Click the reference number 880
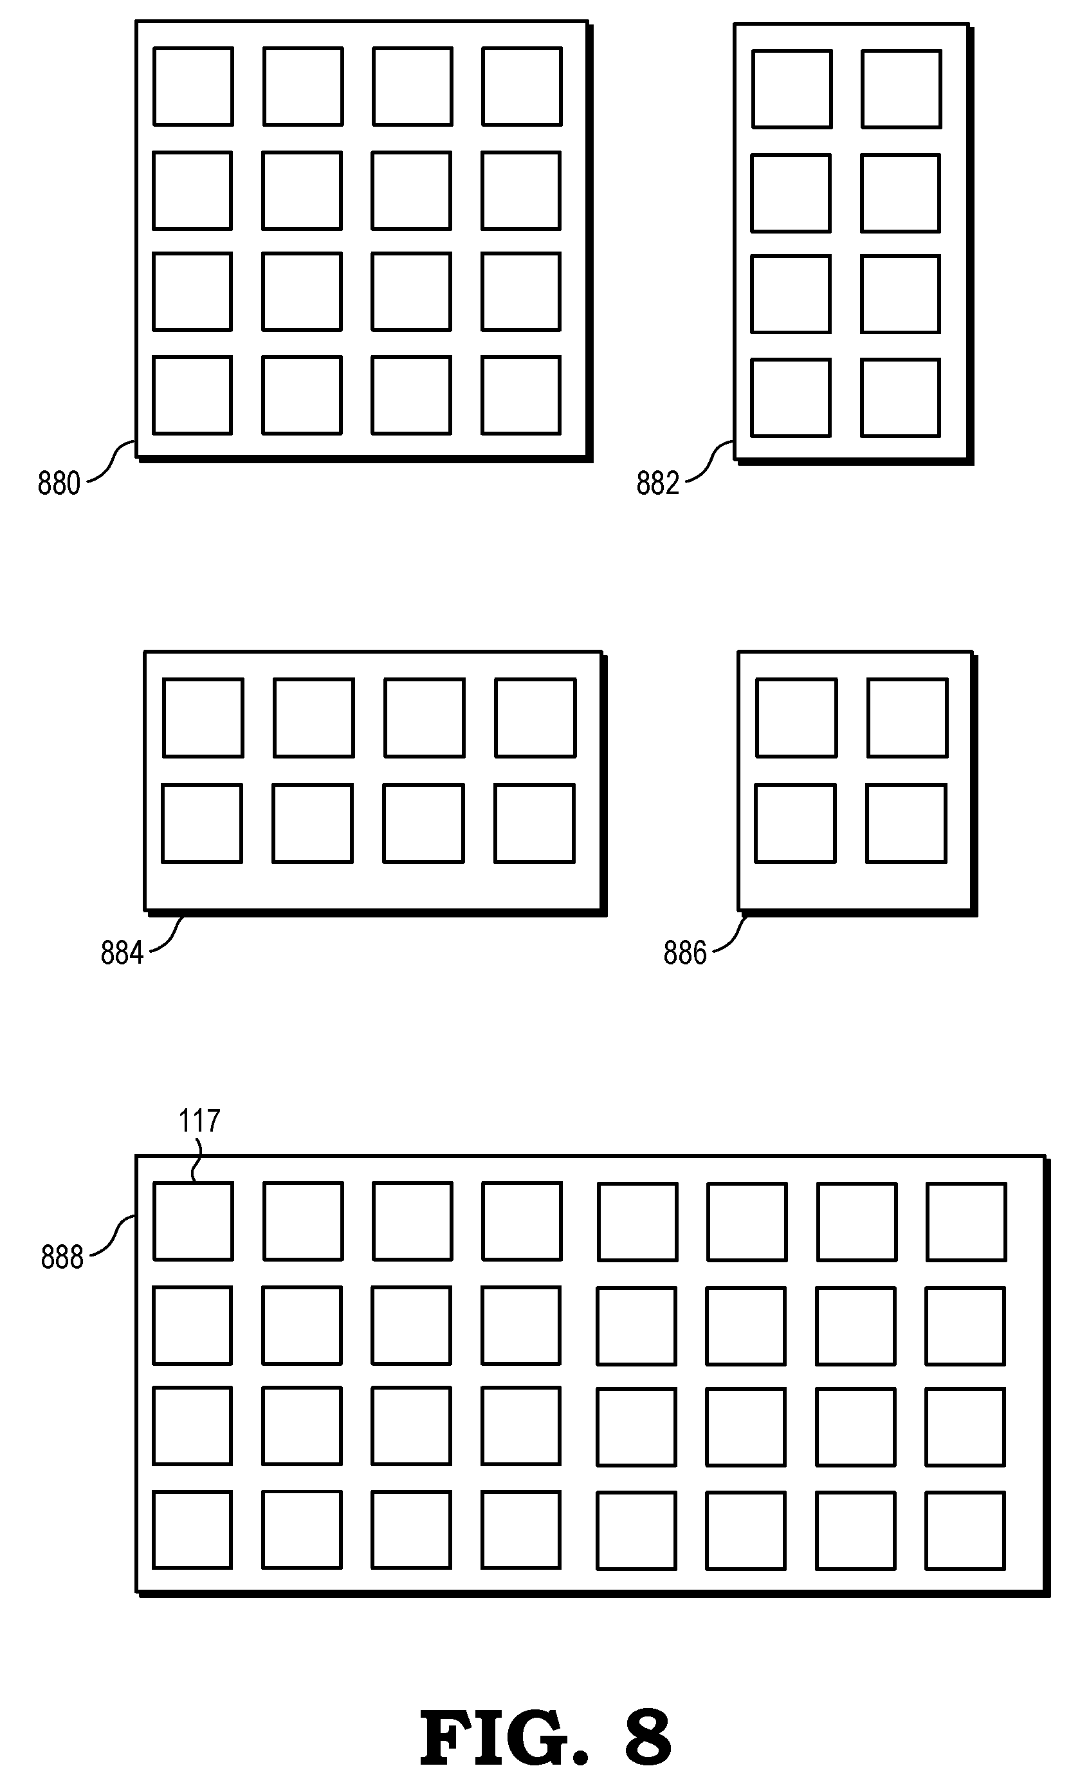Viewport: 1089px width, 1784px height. coord(59,483)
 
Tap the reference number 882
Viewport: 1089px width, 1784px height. coord(657,483)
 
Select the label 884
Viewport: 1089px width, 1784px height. coord(122,953)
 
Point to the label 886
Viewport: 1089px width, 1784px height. coord(684,953)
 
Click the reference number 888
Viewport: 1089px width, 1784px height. coord(62,1257)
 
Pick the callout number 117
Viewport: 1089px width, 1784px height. coord(199,1121)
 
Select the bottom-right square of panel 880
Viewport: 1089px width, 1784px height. coord(521,395)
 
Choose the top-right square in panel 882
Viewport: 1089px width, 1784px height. coord(901,89)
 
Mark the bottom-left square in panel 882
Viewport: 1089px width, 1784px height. coord(791,398)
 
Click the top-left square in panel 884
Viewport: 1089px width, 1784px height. coord(203,718)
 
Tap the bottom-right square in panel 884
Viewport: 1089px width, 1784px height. coord(535,823)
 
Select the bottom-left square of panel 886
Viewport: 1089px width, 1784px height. coord(796,823)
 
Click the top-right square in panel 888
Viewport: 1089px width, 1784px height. coord(967,1222)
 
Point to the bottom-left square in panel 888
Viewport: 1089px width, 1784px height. coord(192,1530)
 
